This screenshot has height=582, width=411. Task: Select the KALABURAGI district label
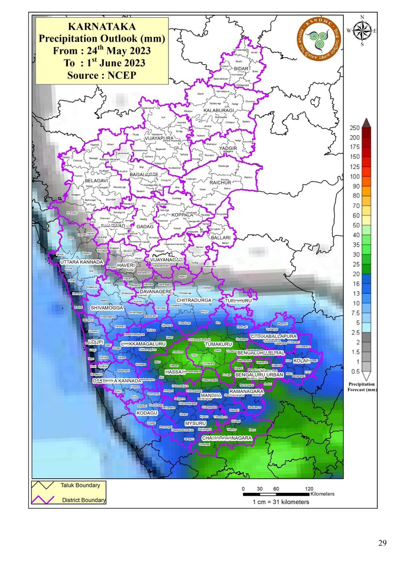tap(218, 111)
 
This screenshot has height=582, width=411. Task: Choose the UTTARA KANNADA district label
tap(81, 262)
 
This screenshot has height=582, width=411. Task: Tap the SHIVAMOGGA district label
tap(108, 308)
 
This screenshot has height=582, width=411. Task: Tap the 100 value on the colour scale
tap(355, 176)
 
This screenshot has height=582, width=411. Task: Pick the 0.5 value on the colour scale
tap(355, 372)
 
